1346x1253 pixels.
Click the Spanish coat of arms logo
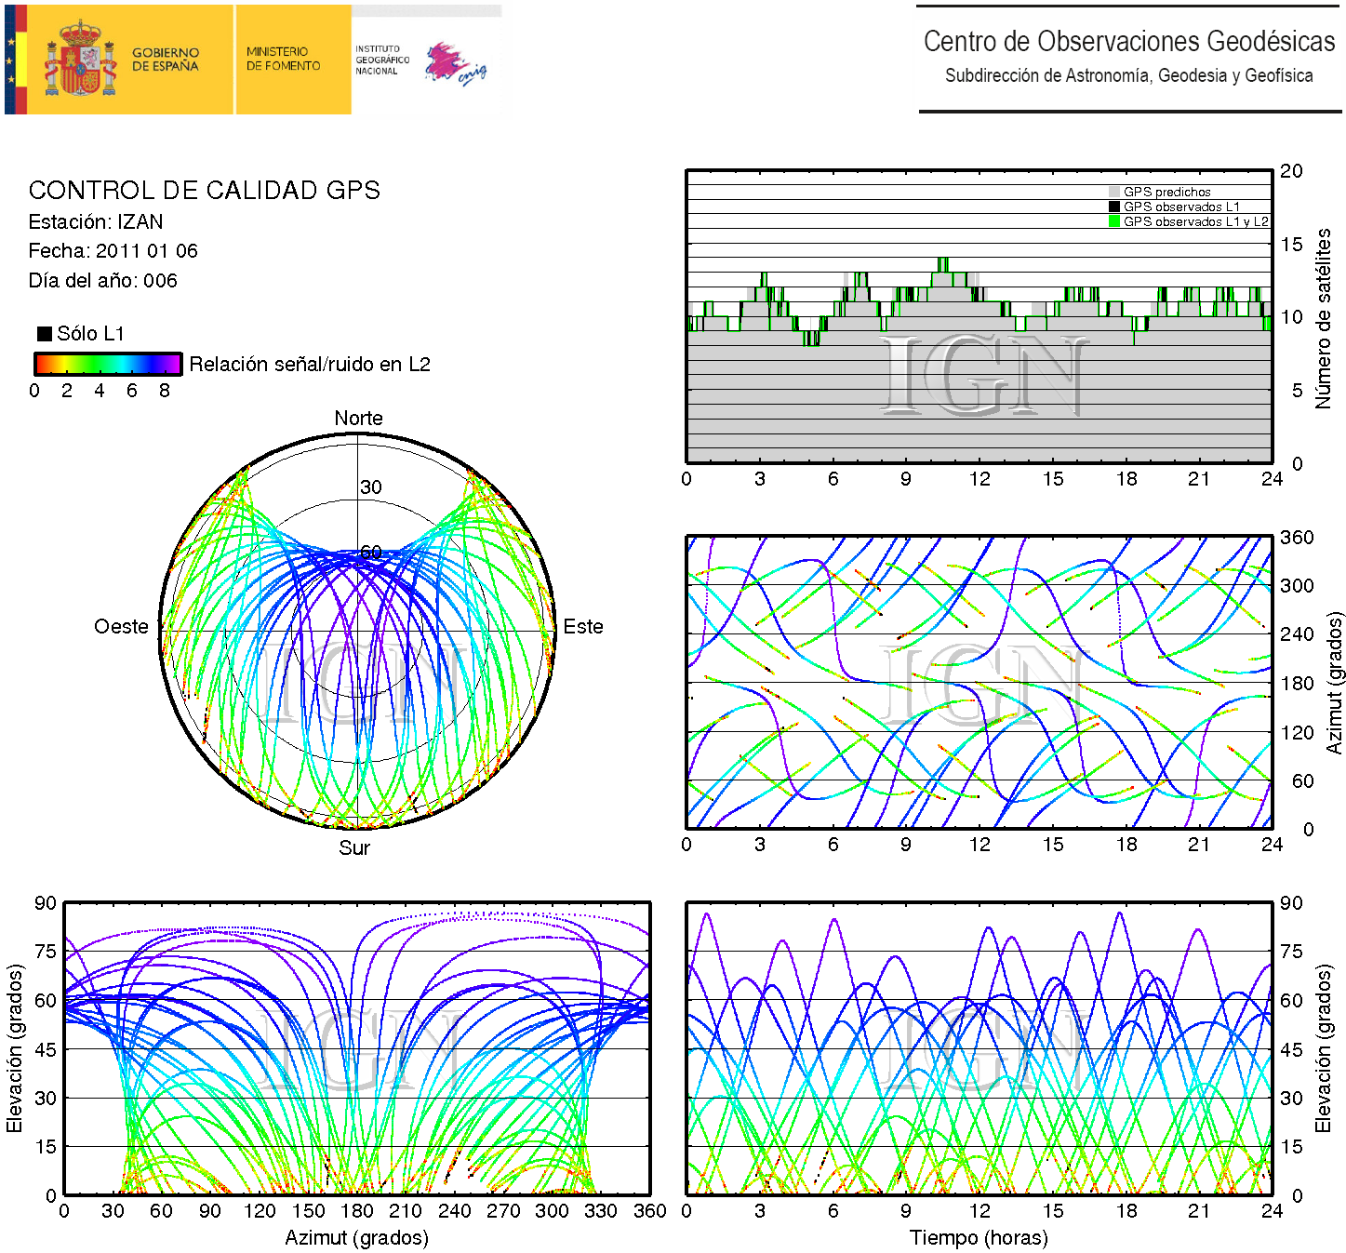[82, 60]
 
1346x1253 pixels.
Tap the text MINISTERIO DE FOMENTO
[283, 60]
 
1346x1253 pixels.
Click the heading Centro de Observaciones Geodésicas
[1128, 42]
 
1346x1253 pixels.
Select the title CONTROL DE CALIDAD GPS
[204, 191]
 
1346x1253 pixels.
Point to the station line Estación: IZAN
[96, 222]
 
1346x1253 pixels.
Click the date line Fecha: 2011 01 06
[113, 251]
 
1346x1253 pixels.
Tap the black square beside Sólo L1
[44, 334]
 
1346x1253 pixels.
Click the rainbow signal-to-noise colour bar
[108, 364]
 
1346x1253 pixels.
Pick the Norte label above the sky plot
[358, 419]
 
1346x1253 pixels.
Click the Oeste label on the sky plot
[121, 627]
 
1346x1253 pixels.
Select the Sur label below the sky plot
[354, 848]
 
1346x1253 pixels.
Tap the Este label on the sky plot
[583, 627]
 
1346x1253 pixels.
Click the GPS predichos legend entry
[1166, 193]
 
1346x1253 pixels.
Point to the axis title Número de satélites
[1323, 318]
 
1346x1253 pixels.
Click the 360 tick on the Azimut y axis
[1297, 538]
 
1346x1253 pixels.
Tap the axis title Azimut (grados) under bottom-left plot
[356, 1238]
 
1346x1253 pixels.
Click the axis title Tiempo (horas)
[979, 1238]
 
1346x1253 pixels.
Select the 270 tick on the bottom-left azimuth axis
[503, 1211]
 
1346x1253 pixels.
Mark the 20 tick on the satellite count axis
[1291, 171]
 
